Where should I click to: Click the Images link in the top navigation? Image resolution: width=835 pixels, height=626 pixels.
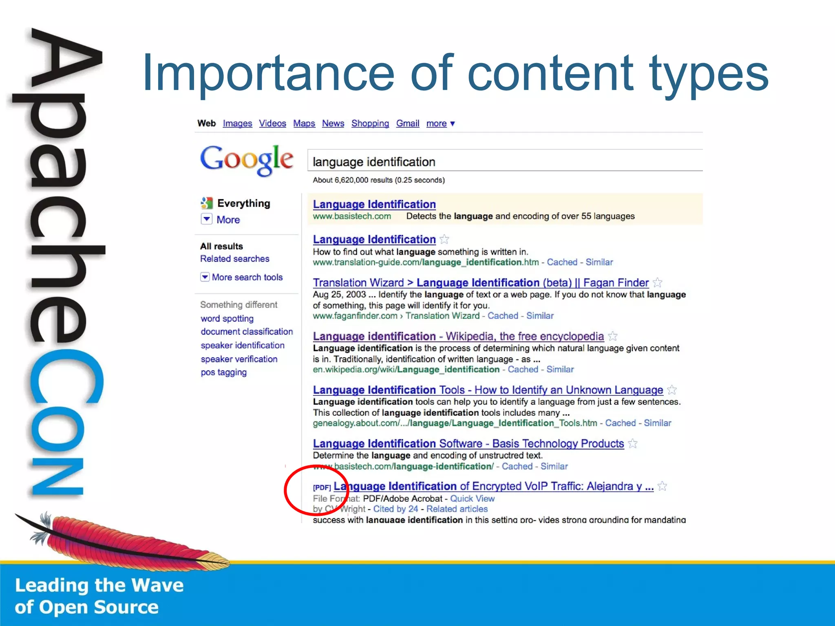pyautogui.click(x=237, y=123)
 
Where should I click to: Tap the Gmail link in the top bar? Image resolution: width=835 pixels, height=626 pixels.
pyautogui.click(x=407, y=123)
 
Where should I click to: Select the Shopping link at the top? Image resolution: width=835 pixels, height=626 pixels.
pyautogui.click(x=370, y=123)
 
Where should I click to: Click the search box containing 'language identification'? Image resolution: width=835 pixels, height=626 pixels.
pyautogui.click(x=505, y=162)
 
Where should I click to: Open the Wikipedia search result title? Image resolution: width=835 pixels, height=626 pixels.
pyautogui.click(x=458, y=336)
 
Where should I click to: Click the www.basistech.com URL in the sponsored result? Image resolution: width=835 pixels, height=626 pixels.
pyautogui.click(x=352, y=216)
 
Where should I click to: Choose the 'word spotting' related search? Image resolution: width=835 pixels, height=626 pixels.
pyautogui.click(x=227, y=318)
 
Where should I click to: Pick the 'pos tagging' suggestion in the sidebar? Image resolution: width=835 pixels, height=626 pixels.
pyautogui.click(x=223, y=372)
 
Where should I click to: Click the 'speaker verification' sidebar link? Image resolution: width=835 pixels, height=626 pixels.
pyautogui.click(x=239, y=359)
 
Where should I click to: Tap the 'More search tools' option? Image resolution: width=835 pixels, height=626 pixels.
pyautogui.click(x=247, y=277)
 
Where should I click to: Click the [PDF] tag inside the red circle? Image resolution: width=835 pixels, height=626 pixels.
pyautogui.click(x=322, y=487)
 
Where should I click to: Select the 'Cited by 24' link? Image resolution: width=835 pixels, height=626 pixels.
pyautogui.click(x=395, y=509)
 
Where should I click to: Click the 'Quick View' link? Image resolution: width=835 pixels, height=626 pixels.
pyautogui.click(x=472, y=498)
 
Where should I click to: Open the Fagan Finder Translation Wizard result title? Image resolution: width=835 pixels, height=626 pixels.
pyautogui.click(x=480, y=283)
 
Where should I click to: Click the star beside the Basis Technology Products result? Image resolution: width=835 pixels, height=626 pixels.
pyautogui.click(x=633, y=443)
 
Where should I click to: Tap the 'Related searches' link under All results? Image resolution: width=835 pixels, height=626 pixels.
pyautogui.click(x=234, y=259)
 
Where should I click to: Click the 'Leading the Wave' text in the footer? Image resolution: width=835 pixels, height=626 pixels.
pyautogui.click(x=99, y=585)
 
